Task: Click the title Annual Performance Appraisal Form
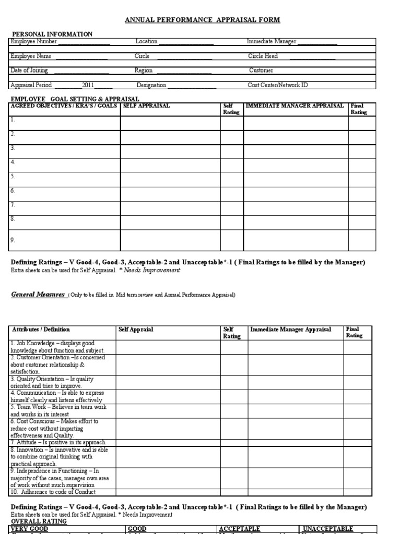[202, 20]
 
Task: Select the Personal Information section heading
[52, 34]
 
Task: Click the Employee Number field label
[33, 42]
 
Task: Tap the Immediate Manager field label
[272, 42]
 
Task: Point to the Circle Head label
[263, 56]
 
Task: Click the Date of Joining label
[29, 70]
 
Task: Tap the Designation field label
[151, 85]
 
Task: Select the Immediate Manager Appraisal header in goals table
[294, 106]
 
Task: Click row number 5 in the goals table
[13, 177]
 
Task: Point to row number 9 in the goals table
[13, 240]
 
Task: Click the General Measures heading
[38, 295]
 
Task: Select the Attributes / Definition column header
[40, 330]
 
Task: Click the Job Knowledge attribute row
[57, 347]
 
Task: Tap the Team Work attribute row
[57, 410]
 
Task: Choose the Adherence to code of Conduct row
[53, 492]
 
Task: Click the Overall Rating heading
[39, 521]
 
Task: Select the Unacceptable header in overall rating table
[328, 529]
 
